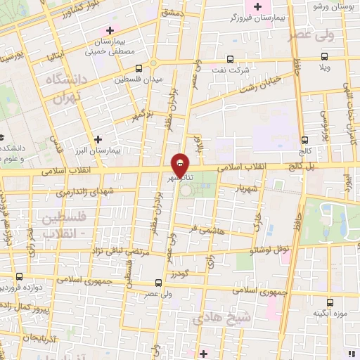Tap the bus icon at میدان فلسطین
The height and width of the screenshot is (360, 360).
click(138, 69)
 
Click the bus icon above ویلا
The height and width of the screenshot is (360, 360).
click(325, 58)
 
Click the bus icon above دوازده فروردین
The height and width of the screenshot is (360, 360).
click(19, 276)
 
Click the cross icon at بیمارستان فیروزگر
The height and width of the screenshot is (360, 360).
click(257, 7)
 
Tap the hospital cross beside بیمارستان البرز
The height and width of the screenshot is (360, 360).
click(98, 139)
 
